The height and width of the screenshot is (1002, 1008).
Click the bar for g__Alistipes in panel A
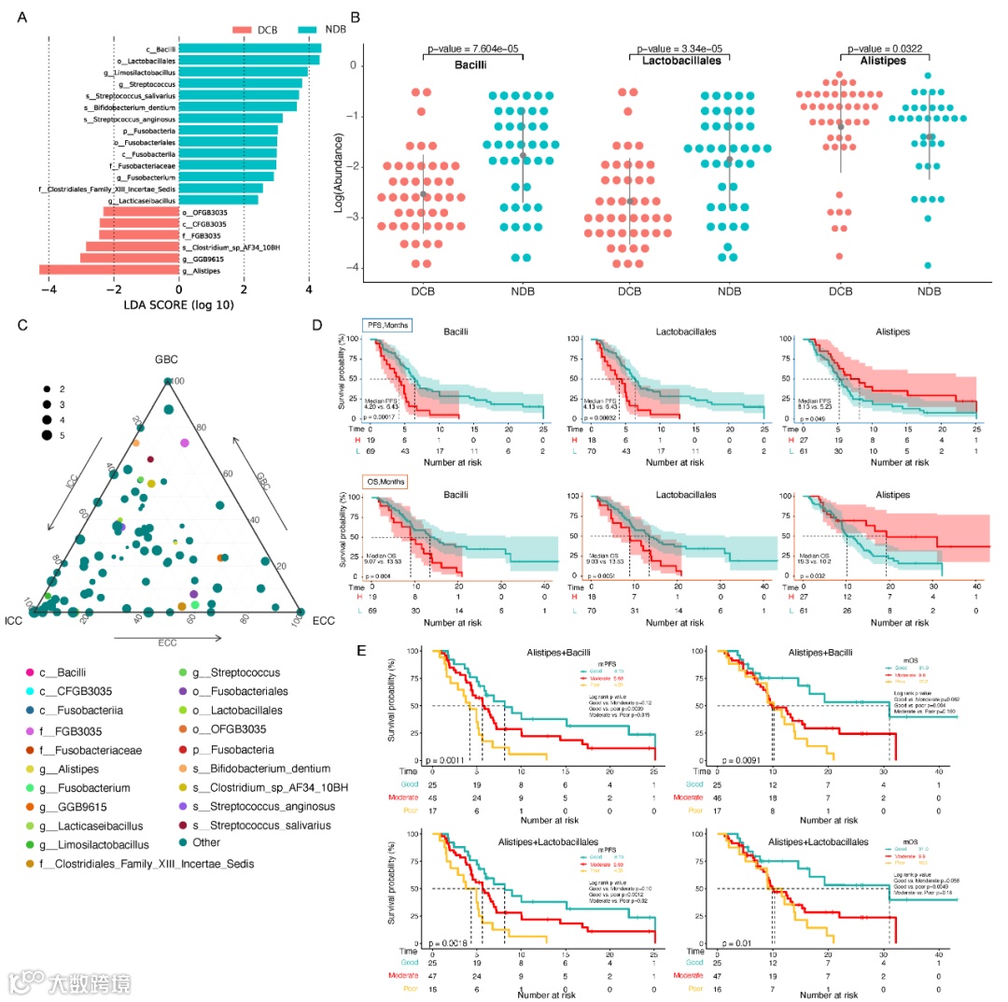[109, 270]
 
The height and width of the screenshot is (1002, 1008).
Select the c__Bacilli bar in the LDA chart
[249, 49]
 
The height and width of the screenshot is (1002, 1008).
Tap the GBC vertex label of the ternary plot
[167, 360]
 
